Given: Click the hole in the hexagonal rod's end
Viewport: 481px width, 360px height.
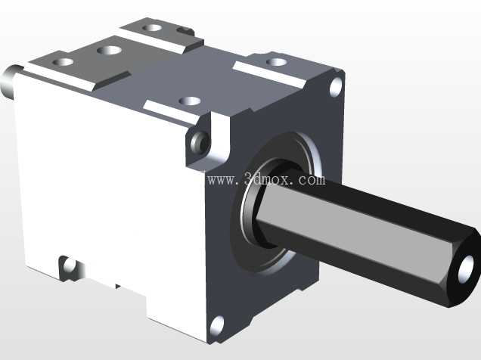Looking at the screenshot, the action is tap(467, 269).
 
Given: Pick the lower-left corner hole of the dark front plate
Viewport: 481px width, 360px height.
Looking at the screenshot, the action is tap(217, 326).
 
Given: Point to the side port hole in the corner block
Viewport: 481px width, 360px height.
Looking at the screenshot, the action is tap(200, 143).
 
